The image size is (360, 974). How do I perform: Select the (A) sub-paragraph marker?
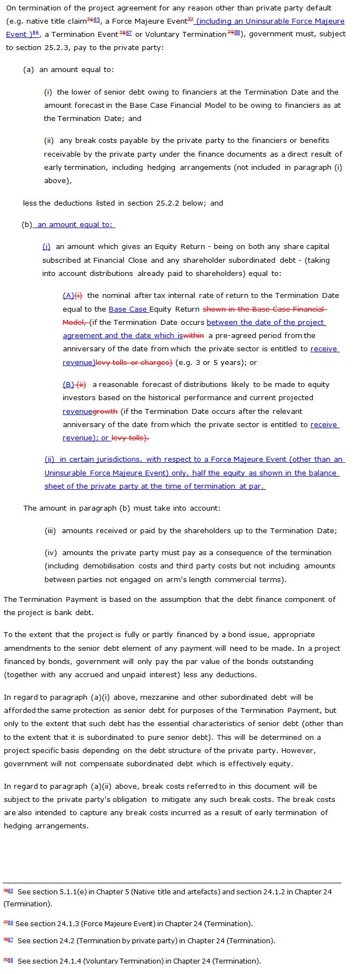68,295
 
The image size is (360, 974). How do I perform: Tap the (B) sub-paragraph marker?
68,384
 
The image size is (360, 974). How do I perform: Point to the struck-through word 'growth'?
106,411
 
